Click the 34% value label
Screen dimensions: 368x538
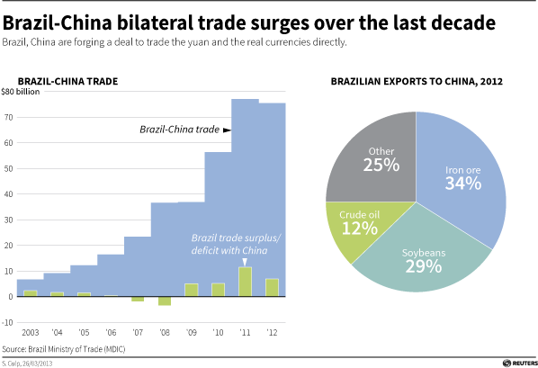(462, 183)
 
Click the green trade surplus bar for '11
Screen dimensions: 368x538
(245, 282)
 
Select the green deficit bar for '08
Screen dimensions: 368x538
(165, 301)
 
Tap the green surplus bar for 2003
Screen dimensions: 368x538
(30, 292)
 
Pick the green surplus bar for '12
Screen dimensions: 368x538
(272, 287)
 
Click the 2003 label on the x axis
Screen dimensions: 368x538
(30, 332)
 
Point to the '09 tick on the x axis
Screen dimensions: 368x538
(191, 332)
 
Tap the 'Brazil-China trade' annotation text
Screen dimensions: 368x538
(179, 130)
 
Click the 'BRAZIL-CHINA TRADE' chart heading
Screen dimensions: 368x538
(67, 83)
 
